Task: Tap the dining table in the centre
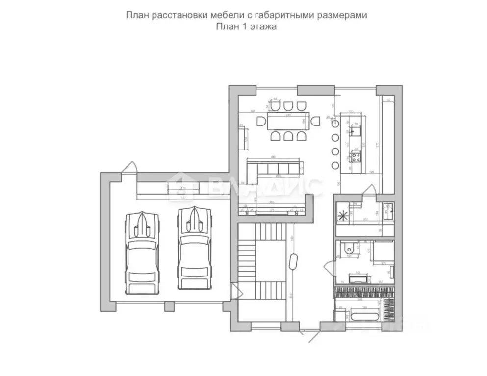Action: [x=286, y=121]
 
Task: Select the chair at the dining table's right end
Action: [x=316, y=120]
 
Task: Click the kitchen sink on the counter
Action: [x=356, y=130]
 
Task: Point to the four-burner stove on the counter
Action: [x=355, y=157]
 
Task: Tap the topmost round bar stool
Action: [x=335, y=124]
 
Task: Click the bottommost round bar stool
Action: [x=335, y=165]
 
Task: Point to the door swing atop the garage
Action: [x=130, y=167]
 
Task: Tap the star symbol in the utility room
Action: [x=342, y=214]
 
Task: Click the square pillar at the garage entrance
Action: [x=169, y=307]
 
